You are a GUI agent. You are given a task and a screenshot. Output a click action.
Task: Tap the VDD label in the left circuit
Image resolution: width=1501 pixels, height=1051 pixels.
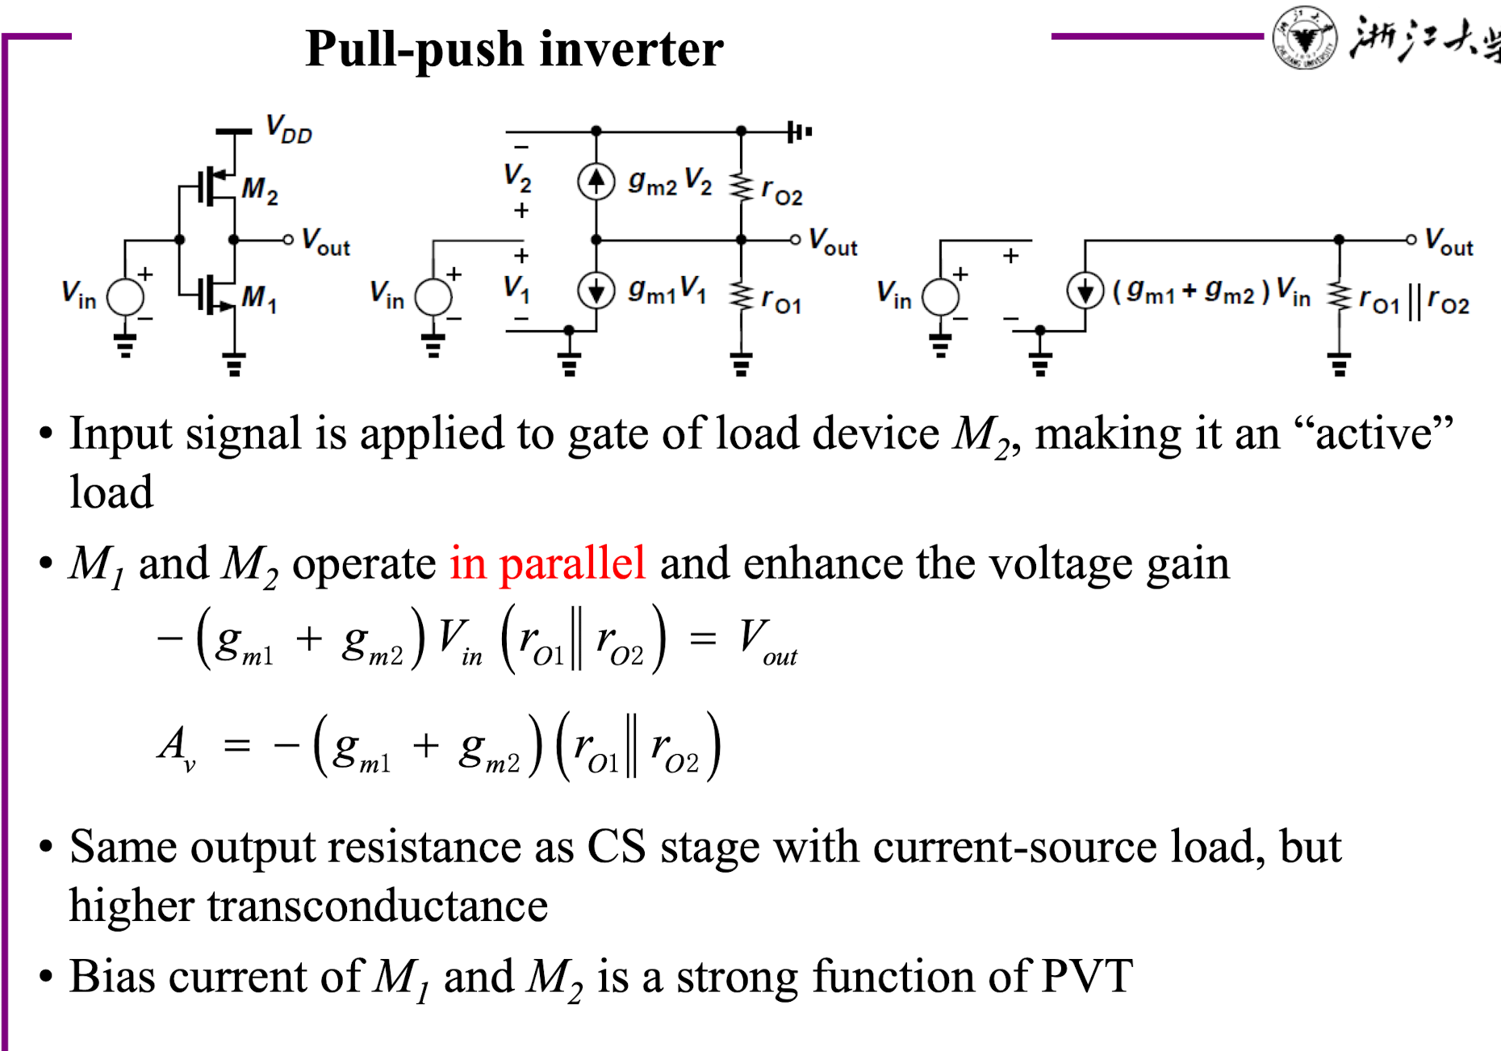click(289, 129)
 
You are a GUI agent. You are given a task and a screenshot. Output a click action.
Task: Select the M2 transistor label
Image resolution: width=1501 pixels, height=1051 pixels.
click(260, 191)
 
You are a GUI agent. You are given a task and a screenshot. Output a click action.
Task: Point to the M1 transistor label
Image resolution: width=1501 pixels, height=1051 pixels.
click(260, 299)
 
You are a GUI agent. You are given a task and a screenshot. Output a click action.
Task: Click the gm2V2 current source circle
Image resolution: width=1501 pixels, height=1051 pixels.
click(596, 181)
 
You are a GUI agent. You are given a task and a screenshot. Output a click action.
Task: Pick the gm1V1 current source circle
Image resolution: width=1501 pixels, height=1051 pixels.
click(596, 290)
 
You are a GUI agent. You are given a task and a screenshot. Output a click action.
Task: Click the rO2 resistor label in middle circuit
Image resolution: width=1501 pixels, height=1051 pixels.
click(782, 192)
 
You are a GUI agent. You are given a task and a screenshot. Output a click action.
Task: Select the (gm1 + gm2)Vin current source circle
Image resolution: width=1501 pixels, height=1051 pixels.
click(1085, 291)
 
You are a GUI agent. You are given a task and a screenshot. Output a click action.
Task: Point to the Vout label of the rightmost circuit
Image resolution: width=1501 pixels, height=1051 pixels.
click(1449, 242)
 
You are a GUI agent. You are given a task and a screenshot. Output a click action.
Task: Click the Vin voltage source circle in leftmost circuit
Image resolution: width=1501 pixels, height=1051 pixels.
click(126, 297)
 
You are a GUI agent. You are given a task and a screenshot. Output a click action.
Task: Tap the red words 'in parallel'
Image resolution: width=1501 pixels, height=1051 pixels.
click(548, 563)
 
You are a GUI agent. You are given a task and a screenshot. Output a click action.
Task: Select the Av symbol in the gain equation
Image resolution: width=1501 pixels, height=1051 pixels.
click(177, 747)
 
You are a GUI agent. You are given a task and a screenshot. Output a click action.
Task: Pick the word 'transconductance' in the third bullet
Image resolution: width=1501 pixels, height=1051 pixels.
click(378, 906)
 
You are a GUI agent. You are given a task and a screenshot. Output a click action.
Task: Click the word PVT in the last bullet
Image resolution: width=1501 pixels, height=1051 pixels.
click(1087, 977)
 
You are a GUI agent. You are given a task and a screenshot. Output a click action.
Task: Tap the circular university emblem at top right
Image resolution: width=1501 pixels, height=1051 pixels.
click(1304, 37)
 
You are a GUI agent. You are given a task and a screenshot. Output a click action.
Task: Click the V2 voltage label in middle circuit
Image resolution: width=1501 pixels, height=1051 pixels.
click(517, 177)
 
